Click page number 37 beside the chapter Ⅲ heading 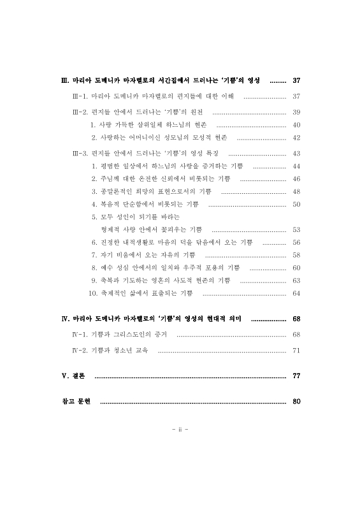coord(296,81)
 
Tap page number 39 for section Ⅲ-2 coord(296,112)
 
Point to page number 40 coord(296,124)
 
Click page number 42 coord(296,137)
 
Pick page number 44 coord(296,166)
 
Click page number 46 coord(296,178)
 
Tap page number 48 coord(296,191)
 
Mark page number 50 coord(296,204)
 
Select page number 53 coord(296,229)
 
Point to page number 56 coord(296,242)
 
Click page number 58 coord(296,255)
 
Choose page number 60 coord(296,268)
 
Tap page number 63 coord(296,280)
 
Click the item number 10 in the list coord(92,293)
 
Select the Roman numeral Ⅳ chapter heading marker coord(64,318)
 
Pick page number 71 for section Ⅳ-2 coord(296,350)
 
